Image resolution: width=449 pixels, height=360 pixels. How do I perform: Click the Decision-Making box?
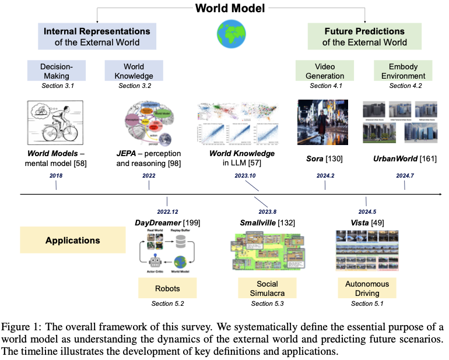coord(57,70)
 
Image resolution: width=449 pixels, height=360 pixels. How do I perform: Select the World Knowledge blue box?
coord(129,70)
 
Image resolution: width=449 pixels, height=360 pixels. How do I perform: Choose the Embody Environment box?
coord(399,70)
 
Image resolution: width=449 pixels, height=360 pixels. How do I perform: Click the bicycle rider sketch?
coord(57,121)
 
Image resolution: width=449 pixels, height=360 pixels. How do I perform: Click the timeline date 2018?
coord(55,175)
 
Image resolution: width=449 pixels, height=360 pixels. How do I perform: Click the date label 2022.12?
coord(167,211)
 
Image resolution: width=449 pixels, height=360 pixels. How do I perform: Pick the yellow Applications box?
coord(72,240)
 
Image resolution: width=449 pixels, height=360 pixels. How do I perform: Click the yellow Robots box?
coord(167,288)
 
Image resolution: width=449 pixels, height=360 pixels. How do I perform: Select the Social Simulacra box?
coord(266,288)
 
